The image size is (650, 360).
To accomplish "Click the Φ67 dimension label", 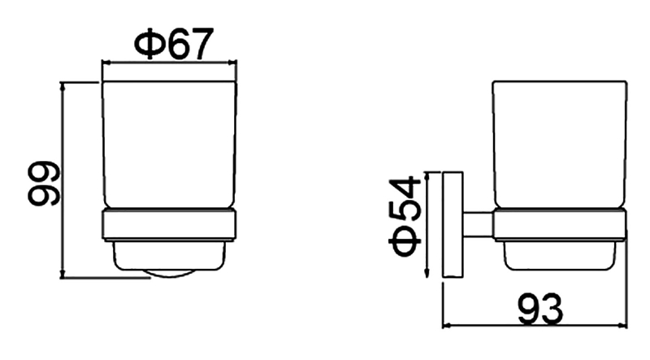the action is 174,43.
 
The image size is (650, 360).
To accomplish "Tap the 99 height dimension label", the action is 44,184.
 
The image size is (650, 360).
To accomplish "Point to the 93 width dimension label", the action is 540,309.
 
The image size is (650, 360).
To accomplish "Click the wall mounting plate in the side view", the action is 453,224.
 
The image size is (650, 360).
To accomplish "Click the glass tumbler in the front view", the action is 170,145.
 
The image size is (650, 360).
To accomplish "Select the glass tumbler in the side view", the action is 560,145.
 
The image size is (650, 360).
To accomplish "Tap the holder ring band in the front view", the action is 170,225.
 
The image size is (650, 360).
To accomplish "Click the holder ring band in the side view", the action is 560,225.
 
